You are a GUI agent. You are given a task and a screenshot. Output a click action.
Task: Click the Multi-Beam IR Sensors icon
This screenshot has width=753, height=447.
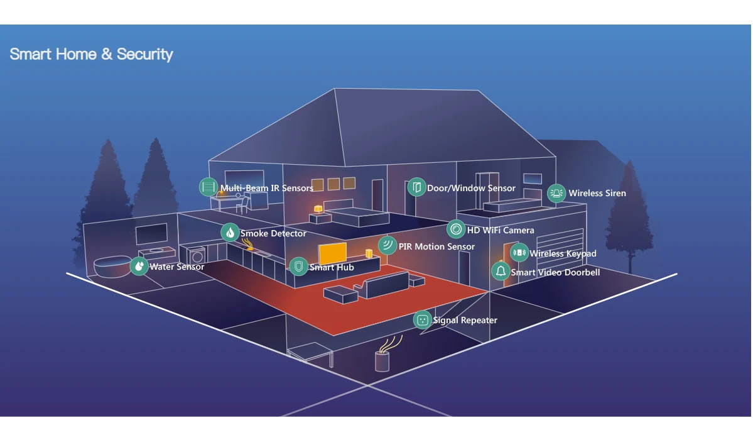(x=209, y=187)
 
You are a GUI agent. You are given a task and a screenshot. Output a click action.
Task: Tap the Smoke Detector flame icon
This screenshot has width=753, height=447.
(x=230, y=233)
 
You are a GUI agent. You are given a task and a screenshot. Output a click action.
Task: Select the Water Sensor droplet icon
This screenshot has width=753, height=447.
(x=139, y=266)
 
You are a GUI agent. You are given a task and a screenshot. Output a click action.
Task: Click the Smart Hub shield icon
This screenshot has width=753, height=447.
(x=298, y=267)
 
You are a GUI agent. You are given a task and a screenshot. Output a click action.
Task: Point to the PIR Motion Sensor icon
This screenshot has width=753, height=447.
(x=387, y=245)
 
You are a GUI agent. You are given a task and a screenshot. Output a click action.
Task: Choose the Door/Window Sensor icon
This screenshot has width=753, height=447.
(x=416, y=187)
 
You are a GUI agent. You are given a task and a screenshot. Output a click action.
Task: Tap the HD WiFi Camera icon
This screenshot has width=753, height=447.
(x=456, y=229)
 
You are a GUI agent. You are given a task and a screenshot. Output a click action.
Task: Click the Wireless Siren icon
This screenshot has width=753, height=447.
(x=556, y=193)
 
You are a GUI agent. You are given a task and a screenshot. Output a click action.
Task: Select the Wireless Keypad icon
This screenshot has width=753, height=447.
(x=519, y=253)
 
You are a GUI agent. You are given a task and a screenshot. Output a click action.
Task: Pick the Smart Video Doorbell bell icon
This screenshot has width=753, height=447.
(x=501, y=272)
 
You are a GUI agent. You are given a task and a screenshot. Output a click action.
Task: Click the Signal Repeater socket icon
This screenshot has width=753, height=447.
(x=422, y=320)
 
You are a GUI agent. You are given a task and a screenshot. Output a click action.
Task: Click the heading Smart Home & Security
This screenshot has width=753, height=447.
(x=92, y=54)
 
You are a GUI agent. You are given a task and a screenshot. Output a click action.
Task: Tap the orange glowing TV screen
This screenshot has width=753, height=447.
(x=332, y=253)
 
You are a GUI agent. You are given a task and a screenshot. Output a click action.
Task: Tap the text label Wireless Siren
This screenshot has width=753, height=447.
(x=597, y=193)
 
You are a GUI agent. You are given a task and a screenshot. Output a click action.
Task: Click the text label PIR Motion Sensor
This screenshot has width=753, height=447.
(x=436, y=246)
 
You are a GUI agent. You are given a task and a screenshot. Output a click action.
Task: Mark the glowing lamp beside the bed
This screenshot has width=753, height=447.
(x=318, y=208)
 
